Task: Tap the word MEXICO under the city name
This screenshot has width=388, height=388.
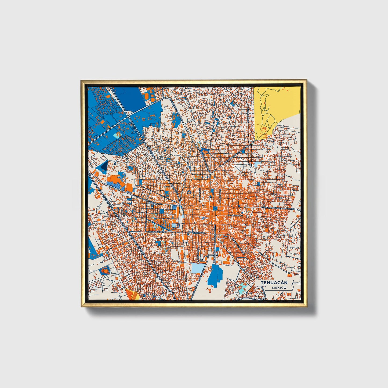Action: pyautogui.click(x=279, y=288)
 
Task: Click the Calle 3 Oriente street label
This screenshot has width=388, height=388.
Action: pyautogui.click(x=235, y=215)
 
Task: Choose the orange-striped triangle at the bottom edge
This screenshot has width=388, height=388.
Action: pyautogui.click(x=131, y=295)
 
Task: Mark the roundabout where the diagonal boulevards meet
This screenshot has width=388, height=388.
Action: pyautogui.click(x=220, y=166)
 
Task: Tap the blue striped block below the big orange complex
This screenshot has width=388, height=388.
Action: pyautogui.click(x=116, y=185)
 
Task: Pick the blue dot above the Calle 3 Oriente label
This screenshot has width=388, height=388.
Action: pyautogui.click(x=242, y=213)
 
